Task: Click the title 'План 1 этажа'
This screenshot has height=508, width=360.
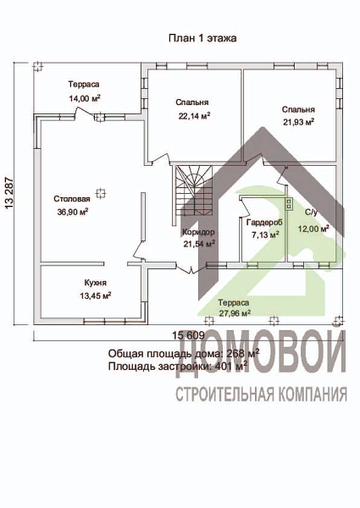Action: pos(202,38)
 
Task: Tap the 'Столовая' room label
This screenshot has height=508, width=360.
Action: pos(71,200)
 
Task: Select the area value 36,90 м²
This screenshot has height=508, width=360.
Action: pos(71,213)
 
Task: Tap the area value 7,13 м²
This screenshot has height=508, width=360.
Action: pos(264,235)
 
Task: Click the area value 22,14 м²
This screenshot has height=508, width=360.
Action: pos(193,116)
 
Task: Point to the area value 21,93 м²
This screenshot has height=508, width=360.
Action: pos(298,122)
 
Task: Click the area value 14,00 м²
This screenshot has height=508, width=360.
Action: pos(84,98)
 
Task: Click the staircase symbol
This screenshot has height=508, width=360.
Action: pos(191,190)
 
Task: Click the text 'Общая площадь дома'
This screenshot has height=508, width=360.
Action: pos(161,353)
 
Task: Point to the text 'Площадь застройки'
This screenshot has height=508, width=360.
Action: pos(158,367)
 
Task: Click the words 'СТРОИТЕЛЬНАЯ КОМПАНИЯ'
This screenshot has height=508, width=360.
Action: pos(261,395)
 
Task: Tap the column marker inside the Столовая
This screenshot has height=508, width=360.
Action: pos(101,193)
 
